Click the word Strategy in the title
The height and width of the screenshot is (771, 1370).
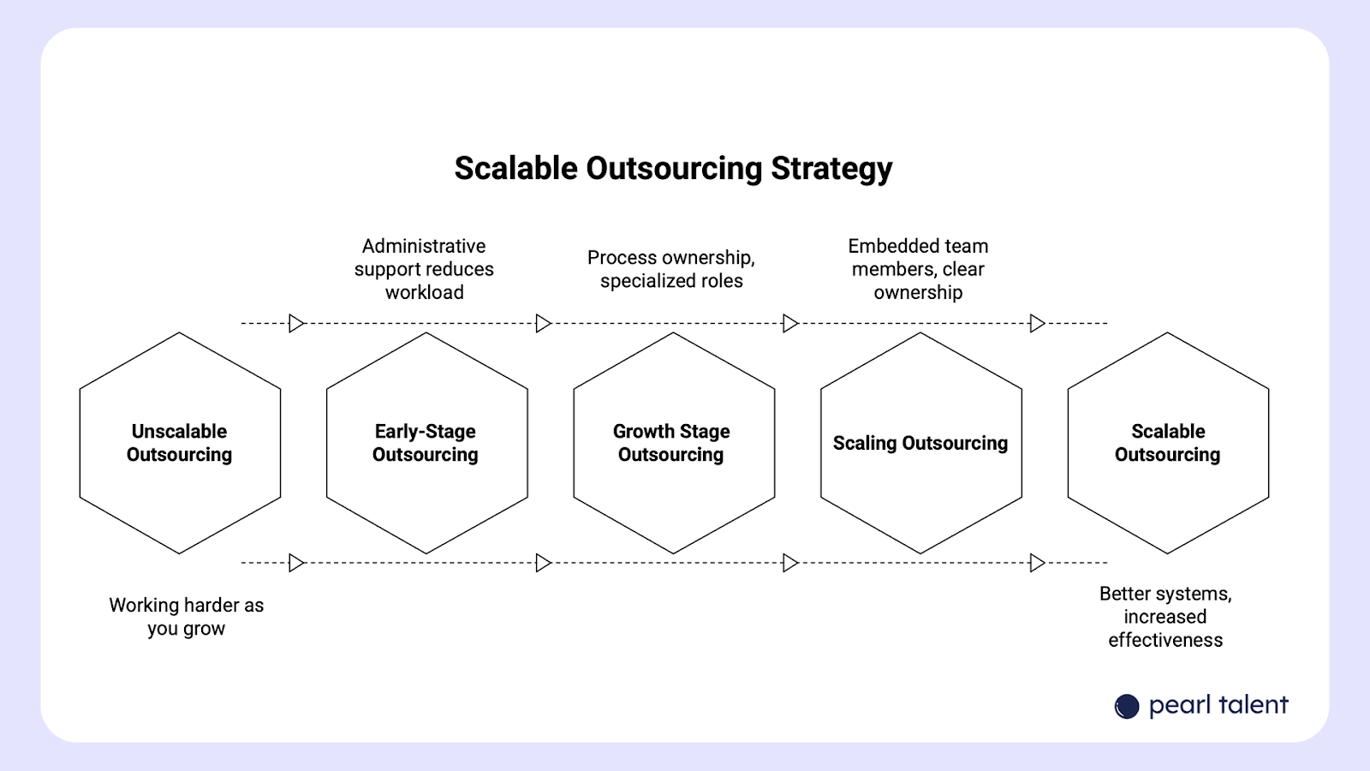point(831,169)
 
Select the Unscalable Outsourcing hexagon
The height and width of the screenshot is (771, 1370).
point(180,443)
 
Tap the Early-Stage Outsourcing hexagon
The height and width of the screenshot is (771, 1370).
point(426,443)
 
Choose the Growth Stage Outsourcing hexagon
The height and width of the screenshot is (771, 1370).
point(673,443)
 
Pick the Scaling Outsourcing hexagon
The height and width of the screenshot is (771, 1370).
point(920,443)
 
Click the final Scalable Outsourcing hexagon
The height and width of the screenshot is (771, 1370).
point(1168,443)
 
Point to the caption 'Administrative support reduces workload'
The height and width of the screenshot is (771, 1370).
point(424,269)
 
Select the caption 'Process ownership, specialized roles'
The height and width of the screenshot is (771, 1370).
point(671,269)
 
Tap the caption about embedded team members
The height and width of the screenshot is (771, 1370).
point(918,269)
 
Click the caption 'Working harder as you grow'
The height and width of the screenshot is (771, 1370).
point(187,617)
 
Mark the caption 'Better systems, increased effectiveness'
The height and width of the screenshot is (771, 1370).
point(1165,617)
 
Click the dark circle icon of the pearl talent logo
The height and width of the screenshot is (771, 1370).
point(1127,706)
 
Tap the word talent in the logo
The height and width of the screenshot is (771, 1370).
point(1254,705)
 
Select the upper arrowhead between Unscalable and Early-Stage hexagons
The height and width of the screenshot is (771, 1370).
point(296,323)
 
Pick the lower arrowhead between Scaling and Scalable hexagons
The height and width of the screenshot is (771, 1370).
point(1037,563)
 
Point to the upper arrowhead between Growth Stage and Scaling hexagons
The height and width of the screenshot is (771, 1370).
point(790,323)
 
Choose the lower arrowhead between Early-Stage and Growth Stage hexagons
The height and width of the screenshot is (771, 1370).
point(543,563)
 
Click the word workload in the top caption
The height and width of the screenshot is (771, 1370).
point(424,292)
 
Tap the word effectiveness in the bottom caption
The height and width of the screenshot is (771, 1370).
point(1165,640)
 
